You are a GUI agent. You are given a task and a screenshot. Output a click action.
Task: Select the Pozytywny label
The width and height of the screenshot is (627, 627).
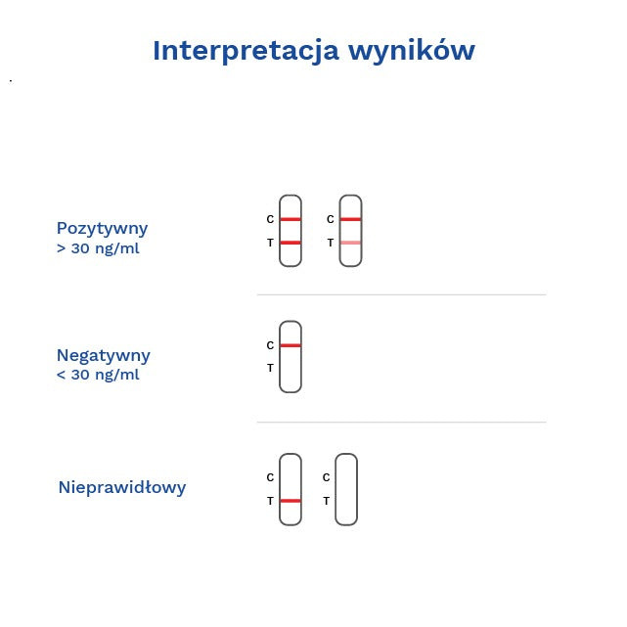[x=103, y=228]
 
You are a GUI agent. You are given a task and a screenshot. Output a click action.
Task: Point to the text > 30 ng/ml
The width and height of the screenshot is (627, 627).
[x=98, y=248]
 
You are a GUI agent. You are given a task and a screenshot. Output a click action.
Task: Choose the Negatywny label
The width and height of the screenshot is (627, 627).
[x=104, y=355]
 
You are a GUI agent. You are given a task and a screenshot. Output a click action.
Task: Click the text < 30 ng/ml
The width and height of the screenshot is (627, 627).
[x=98, y=375]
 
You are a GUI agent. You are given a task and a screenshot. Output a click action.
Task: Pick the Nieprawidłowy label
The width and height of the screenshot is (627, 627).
[x=122, y=487]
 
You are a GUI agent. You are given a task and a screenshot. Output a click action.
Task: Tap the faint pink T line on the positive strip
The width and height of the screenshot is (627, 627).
[x=350, y=243]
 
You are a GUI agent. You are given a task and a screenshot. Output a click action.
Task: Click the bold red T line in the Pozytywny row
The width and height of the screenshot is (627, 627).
[x=291, y=243]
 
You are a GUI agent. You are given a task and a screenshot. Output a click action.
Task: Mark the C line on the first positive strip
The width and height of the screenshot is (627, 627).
[x=291, y=219]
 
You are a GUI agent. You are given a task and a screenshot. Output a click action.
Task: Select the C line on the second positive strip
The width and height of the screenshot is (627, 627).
[x=350, y=219]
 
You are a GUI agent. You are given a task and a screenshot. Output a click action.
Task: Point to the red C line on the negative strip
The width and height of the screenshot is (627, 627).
[x=291, y=345]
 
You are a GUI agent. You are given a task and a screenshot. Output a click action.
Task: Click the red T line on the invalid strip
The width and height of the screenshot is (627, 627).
[x=291, y=501]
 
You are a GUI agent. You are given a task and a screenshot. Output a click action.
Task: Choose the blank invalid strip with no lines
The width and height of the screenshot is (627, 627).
[x=346, y=489]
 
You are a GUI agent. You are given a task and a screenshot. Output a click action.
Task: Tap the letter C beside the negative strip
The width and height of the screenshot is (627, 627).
[x=270, y=345]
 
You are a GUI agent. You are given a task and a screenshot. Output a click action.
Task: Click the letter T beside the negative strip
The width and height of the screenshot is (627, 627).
[x=270, y=369]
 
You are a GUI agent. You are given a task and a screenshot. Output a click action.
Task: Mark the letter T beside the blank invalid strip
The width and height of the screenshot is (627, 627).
[x=326, y=501]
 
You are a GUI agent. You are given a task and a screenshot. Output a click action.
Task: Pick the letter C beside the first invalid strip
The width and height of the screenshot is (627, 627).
[x=270, y=477]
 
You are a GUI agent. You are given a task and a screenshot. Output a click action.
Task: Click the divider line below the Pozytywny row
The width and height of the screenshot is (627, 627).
[x=401, y=294]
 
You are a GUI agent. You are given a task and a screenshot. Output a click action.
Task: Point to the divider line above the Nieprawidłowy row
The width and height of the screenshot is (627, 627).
[x=401, y=423]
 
